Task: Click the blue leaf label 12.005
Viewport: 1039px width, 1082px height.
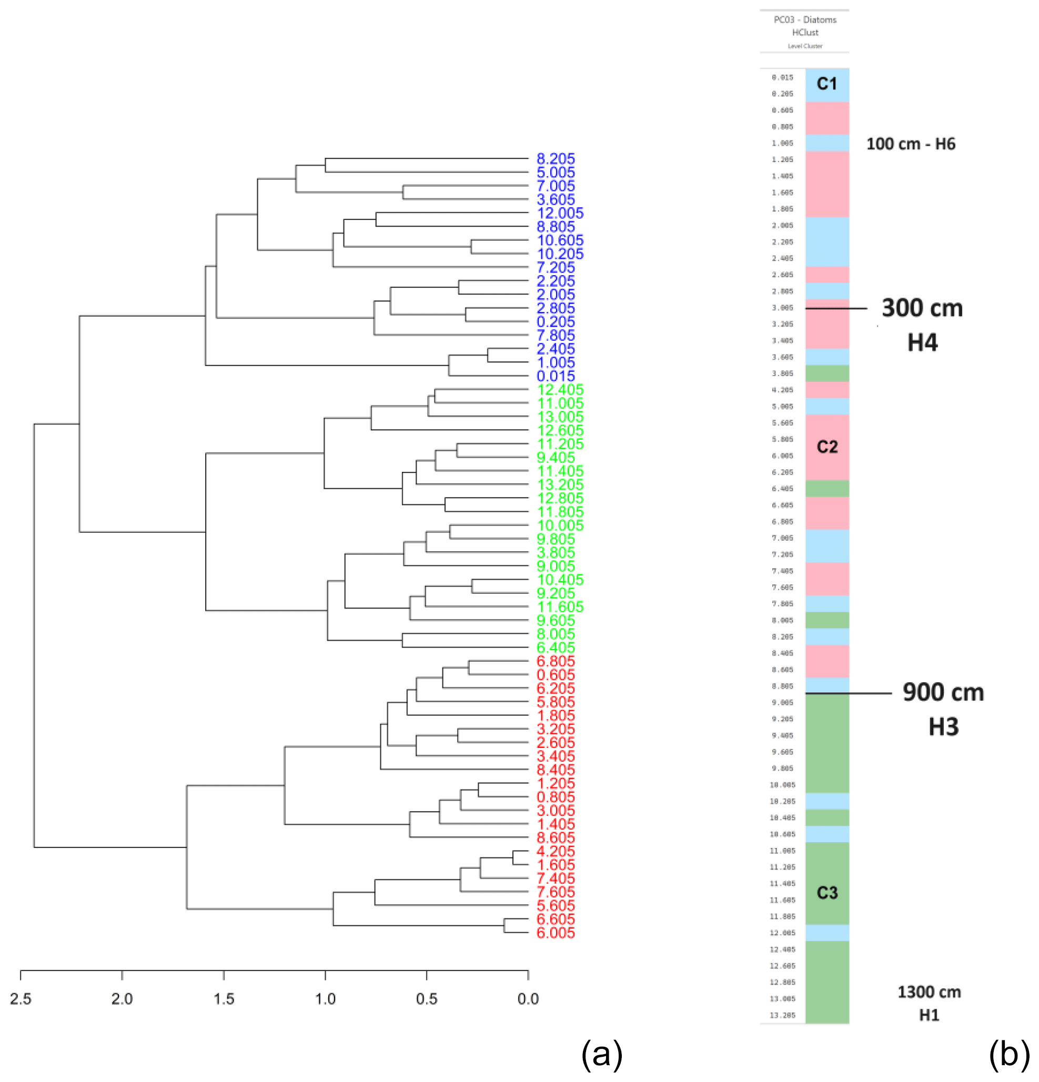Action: tap(559, 213)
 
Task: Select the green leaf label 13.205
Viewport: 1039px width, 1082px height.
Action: tap(559, 484)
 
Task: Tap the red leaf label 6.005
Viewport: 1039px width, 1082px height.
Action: tap(556, 933)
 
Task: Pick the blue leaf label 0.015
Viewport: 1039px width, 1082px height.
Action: tap(556, 376)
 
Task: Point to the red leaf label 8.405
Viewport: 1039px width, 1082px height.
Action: tap(556, 770)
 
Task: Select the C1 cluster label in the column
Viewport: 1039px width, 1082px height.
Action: tap(826, 84)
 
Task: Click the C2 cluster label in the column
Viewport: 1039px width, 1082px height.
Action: tap(827, 447)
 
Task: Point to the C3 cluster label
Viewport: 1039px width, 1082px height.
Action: tap(827, 893)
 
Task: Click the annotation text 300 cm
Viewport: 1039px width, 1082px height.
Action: tap(922, 308)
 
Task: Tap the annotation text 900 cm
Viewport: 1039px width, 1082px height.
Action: tap(943, 692)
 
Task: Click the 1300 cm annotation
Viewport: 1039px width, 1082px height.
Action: tap(929, 992)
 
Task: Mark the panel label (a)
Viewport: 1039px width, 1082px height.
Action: tap(601, 1053)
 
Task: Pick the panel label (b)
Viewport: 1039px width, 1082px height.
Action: tap(1008, 1053)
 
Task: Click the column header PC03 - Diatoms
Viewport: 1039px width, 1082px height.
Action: tap(804, 20)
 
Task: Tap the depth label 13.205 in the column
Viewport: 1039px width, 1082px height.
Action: tap(782, 1015)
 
